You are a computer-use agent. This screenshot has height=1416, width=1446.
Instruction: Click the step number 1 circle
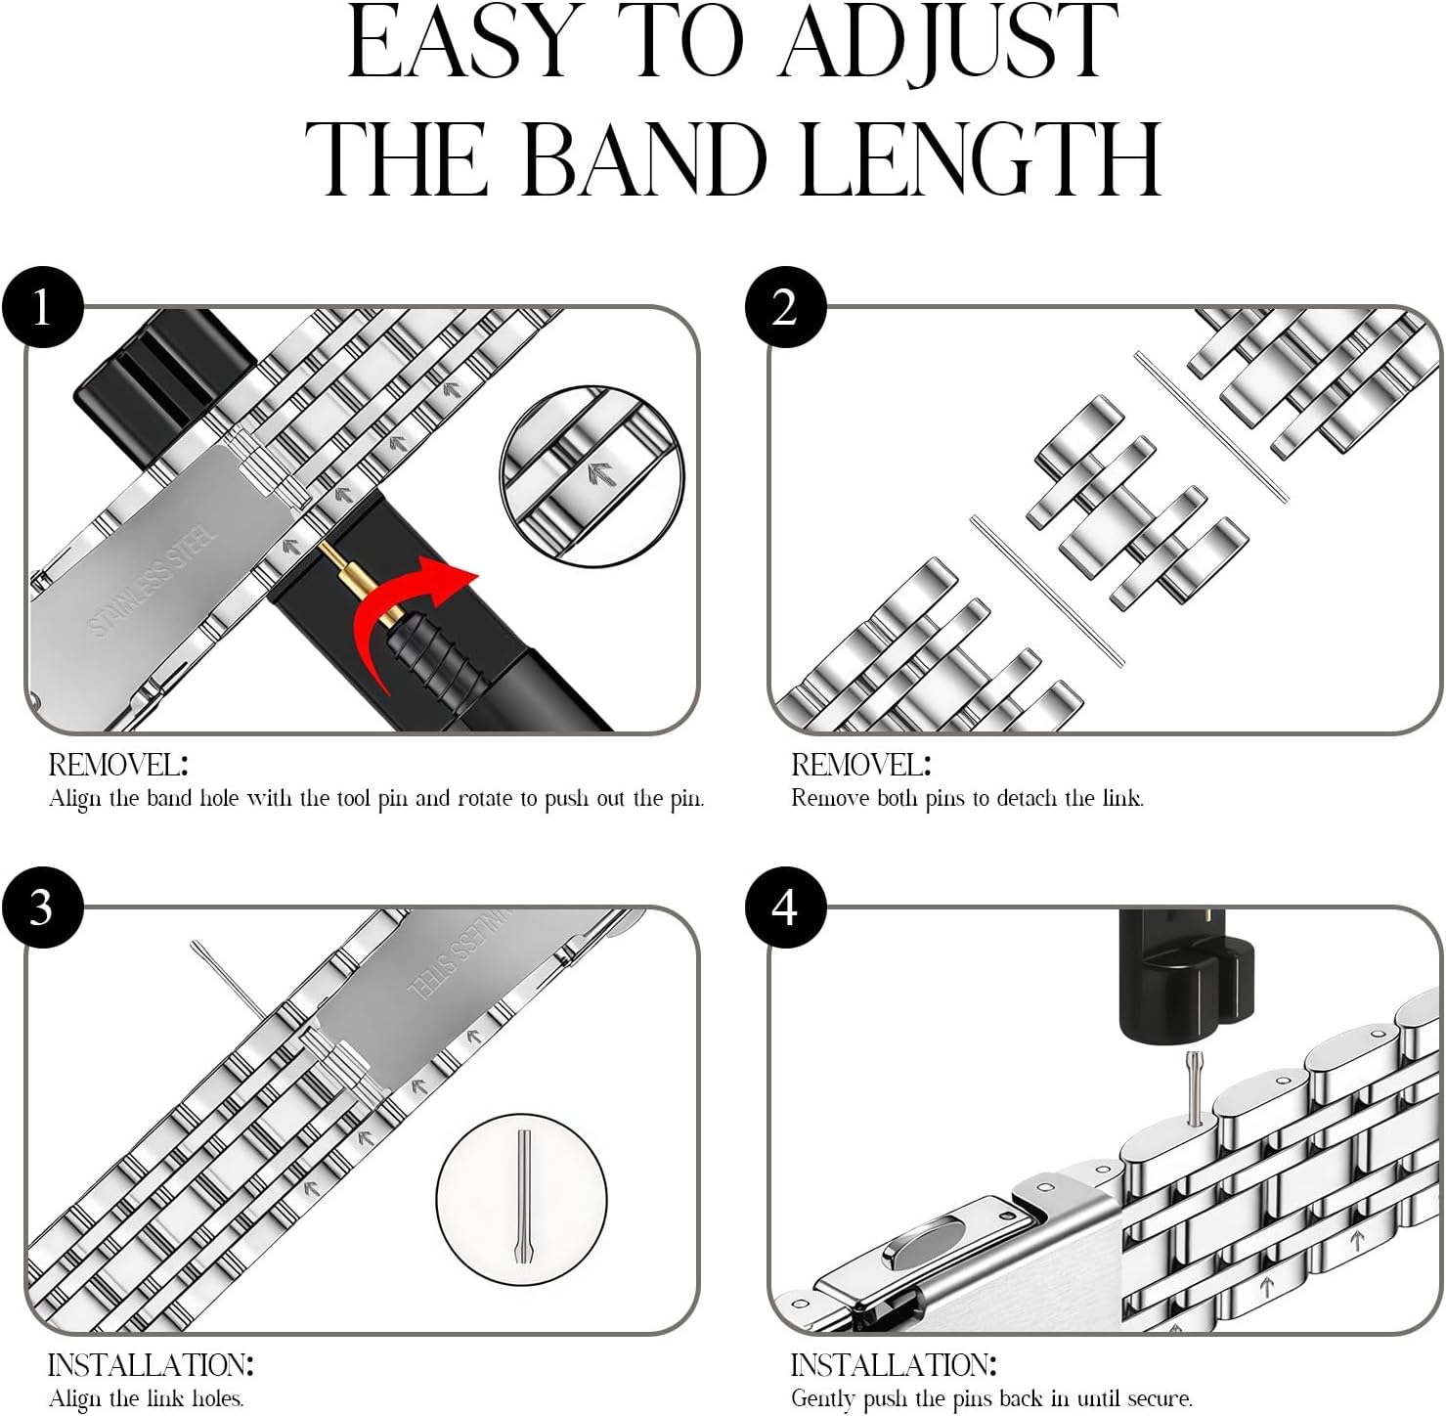(42, 307)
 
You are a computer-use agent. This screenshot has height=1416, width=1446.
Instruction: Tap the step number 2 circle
(785, 307)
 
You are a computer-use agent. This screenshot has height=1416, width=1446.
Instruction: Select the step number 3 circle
(42, 907)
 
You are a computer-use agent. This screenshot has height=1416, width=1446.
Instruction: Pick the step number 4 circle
(785, 907)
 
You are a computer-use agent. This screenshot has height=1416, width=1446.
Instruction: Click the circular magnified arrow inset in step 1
(592, 475)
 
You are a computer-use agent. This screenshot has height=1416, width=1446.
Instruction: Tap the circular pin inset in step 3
(521, 1197)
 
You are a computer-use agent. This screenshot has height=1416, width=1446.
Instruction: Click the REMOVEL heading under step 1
(118, 765)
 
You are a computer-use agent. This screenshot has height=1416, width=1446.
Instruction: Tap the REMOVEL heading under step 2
(861, 765)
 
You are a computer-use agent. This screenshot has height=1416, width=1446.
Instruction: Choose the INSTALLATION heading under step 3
(151, 1365)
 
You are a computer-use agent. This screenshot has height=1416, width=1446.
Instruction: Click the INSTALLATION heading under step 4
(894, 1365)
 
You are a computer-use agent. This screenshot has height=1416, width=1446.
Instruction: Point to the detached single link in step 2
(1136, 502)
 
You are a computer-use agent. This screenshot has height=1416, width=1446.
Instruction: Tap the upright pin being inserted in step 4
(1194, 1087)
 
